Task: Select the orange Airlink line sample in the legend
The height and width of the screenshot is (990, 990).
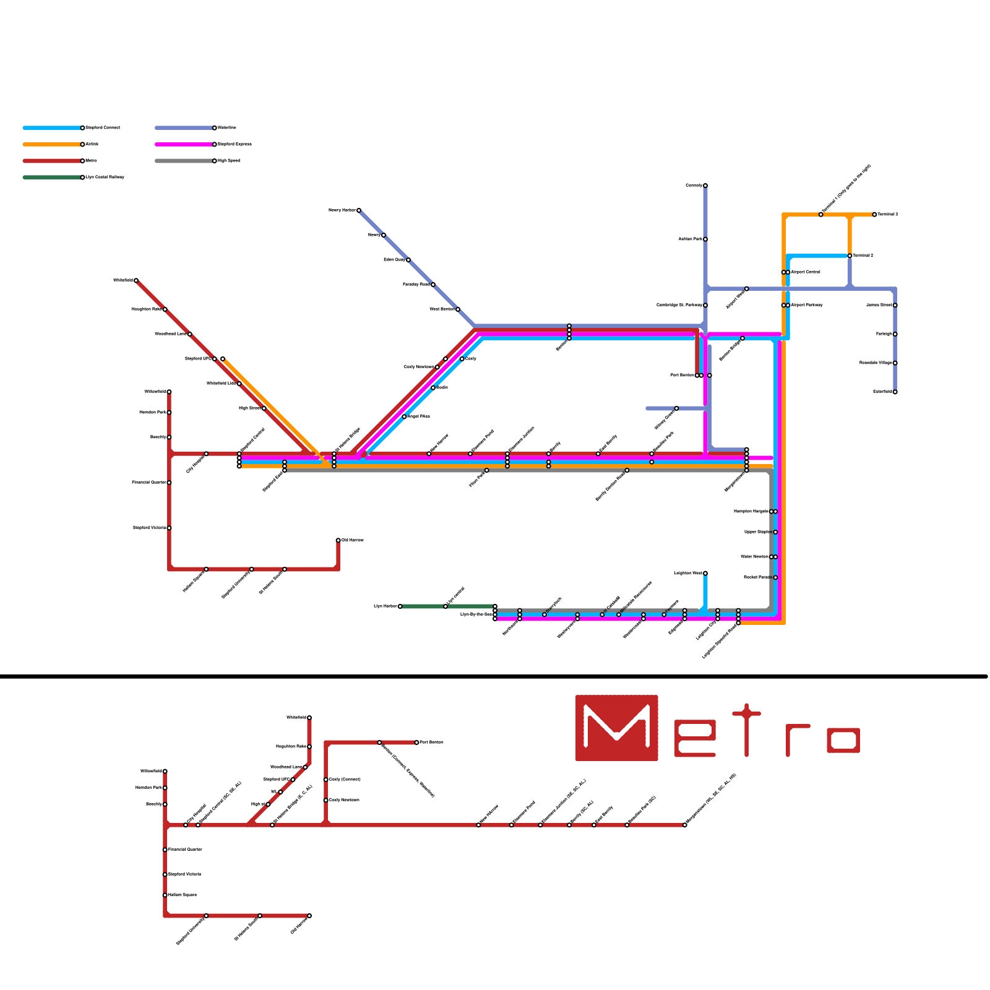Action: [52, 145]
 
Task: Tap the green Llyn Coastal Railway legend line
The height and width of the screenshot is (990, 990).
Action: [52, 178]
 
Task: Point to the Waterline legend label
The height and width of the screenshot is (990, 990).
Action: [227, 128]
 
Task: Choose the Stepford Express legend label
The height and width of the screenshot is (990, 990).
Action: [235, 144]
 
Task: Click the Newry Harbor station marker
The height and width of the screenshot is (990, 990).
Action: [359, 210]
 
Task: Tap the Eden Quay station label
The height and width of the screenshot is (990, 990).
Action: [394, 260]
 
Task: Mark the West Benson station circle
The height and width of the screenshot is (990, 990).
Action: [458, 309]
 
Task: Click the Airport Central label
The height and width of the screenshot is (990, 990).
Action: [806, 272]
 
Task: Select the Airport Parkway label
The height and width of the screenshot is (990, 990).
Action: [807, 305]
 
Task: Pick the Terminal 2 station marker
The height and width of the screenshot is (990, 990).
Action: [850, 256]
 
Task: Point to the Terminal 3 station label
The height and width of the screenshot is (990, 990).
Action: [887, 215]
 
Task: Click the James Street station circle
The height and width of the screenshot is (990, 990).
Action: [895, 305]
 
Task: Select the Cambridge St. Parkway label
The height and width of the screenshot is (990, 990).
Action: [679, 305]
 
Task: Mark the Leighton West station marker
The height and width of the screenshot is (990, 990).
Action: [705, 574]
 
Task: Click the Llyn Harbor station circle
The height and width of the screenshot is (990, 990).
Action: [400, 606]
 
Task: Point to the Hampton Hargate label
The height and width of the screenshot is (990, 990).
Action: [751, 512]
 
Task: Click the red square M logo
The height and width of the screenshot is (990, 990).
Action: [616, 728]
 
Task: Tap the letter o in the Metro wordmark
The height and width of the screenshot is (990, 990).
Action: [843, 741]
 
